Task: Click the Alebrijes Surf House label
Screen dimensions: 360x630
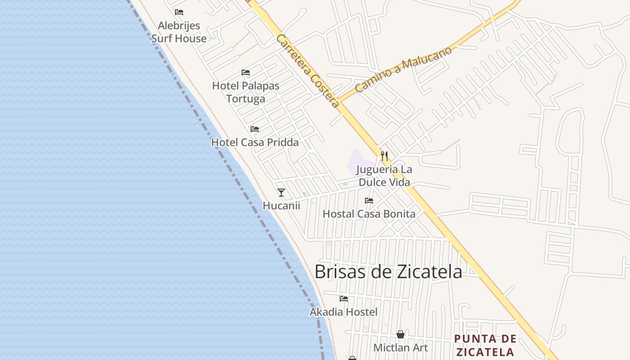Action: (179, 32)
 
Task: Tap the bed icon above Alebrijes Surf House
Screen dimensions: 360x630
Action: (179, 12)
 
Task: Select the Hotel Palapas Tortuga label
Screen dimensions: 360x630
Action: (246, 92)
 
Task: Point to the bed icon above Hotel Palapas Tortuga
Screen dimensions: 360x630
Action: (246, 72)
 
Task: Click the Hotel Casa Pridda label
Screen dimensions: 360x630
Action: (255, 142)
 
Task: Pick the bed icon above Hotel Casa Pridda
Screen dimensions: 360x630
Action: (255, 129)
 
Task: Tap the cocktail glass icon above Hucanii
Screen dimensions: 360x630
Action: (281, 193)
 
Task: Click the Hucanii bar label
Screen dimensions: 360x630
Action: (281, 206)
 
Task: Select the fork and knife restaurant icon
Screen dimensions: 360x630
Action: (384, 156)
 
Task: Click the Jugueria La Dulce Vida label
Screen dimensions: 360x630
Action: (384, 176)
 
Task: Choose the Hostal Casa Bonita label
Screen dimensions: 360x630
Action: (369, 214)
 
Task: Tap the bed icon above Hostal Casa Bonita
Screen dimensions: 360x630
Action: (369, 201)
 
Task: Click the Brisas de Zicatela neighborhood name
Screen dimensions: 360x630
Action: (388, 272)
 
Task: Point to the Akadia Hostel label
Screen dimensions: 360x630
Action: (343, 312)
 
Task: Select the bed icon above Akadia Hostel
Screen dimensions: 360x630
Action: (344, 298)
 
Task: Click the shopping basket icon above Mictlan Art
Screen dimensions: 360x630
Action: (400, 334)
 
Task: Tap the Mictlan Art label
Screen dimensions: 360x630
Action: (400, 347)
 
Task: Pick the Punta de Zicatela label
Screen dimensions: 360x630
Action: (484, 345)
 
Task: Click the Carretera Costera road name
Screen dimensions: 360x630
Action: (308, 71)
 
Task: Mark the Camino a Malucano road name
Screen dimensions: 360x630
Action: (403, 70)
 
